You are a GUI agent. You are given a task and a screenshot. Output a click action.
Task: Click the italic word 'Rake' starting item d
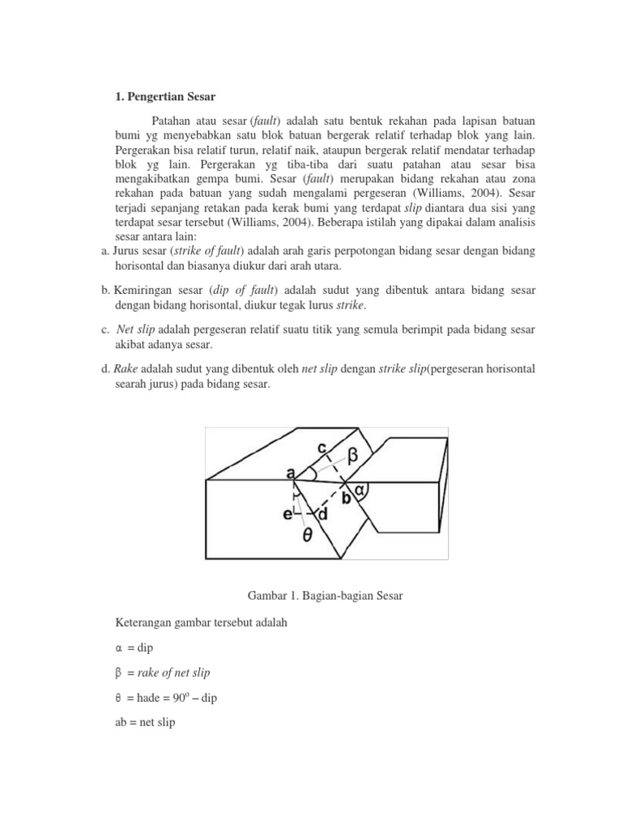pyautogui.click(x=126, y=369)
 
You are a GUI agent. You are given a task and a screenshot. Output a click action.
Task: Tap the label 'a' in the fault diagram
pyautogui.click(x=289, y=472)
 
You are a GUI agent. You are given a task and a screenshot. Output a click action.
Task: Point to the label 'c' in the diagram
pyautogui.click(x=322, y=446)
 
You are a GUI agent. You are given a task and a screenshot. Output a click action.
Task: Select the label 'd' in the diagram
pyautogui.click(x=322, y=514)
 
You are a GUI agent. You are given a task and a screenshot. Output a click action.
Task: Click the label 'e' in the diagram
pyautogui.click(x=287, y=514)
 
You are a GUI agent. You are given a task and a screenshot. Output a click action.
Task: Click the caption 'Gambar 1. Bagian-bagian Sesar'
pyautogui.click(x=324, y=596)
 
